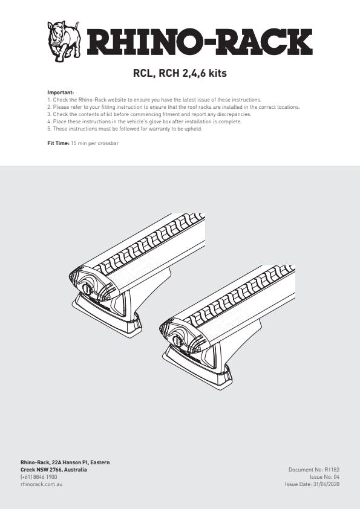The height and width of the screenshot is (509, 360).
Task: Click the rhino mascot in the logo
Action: click(x=64, y=41)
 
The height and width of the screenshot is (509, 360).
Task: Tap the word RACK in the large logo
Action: click(x=260, y=42)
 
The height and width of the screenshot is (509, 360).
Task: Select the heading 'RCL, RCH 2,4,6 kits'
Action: click(x=180, y=73)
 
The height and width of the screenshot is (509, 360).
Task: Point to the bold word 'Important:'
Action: click(x=61, y=92)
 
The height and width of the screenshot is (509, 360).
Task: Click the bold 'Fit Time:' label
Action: click(x=59, y=143)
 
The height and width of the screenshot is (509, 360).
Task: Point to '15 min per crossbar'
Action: click(x=95, y=143)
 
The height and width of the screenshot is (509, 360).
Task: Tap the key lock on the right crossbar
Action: click(x=178, y=340)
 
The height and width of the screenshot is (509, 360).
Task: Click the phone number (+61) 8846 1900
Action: click(x=39, y=477)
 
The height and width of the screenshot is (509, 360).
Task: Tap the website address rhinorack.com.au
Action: click(x=42, y=484)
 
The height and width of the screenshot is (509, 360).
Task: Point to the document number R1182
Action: click(x=332, y=470)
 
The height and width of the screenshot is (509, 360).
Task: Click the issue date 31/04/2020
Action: click(x=326, y=484)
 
